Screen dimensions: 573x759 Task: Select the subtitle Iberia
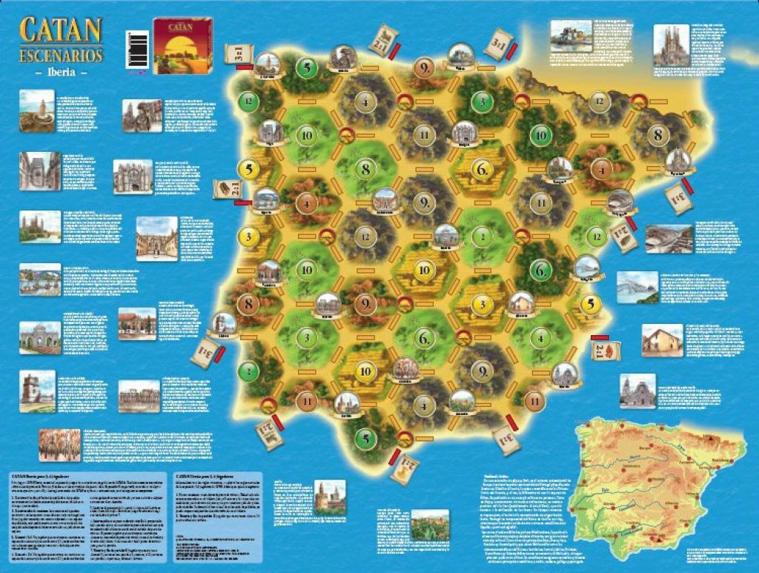(61, 73)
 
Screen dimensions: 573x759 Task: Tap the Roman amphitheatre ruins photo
(669, 239)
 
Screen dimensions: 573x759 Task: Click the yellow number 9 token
(422, 69)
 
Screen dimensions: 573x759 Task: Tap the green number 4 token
(542, 336)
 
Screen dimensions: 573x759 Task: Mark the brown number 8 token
(248, 303)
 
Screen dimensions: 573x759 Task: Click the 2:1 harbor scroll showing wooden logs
(227, 189)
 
